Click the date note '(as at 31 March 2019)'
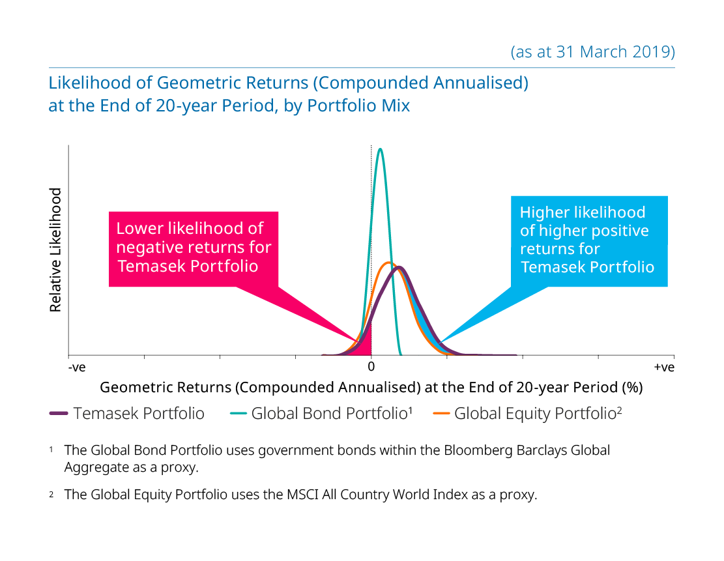click(592, 51)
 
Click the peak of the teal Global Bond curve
click(380, 149)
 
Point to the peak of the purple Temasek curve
click(399, 267)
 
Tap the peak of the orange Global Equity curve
click(389, 263)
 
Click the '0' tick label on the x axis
click(371, 367)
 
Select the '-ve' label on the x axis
click(77, 367)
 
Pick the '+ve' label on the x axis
click(664, 367)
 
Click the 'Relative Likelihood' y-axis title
click(55, 250)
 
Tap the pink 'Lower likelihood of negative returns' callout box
click(194, 249)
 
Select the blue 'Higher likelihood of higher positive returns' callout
click(589, 241)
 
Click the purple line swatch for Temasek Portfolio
click(59, 413)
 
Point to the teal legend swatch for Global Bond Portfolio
click(239, 413)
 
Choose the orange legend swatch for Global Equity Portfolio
click(441, 413)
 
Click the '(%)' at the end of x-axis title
click(633, 387)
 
